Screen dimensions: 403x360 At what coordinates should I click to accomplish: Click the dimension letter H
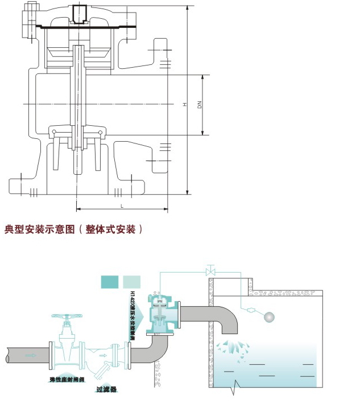[184, 105]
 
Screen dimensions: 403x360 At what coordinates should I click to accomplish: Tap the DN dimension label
[200, 105]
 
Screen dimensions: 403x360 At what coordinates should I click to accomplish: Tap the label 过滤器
[106, 390]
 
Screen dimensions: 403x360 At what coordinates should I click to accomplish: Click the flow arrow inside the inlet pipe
[29, 355]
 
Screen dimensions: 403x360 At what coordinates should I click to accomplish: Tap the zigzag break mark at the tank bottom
[234, 387]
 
